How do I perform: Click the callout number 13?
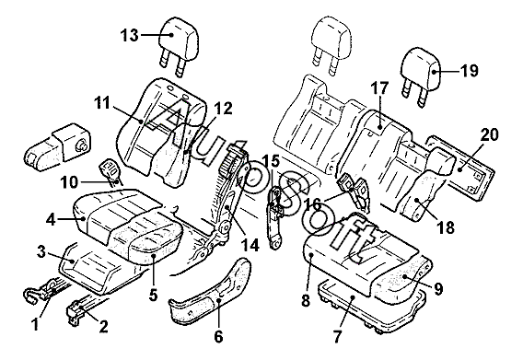[x=130, y=35]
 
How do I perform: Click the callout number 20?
[x=489, y=134]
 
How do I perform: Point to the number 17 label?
[x=379, y=88]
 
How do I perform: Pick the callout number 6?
[x=218, y=337]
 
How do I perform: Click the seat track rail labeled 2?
[x=87, y=308]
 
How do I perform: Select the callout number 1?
[x=35, y=324]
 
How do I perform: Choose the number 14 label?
[x=250, y=246]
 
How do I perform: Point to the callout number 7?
[x=337, y=337]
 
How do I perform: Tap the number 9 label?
[x=439, y=289]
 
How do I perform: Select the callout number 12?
[x=223, y=109]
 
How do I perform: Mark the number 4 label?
[x=51, y=220]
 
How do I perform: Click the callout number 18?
[x=446, y=227]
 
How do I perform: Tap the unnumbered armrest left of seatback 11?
[x=58, y=145]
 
